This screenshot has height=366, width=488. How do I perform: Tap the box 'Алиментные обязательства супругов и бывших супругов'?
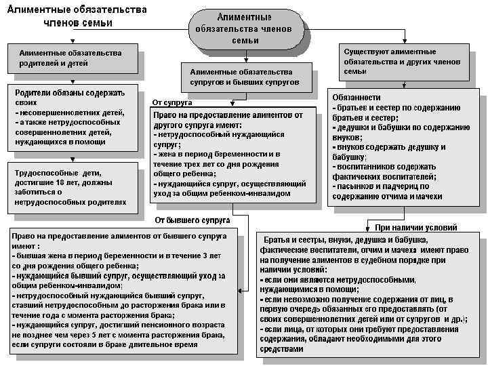pos(245,77)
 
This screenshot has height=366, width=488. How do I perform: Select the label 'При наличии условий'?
pos(415,228)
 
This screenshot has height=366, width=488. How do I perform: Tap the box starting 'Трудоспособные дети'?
pos(73,187)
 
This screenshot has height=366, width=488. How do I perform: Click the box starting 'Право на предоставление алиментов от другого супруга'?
pos(232,155)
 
